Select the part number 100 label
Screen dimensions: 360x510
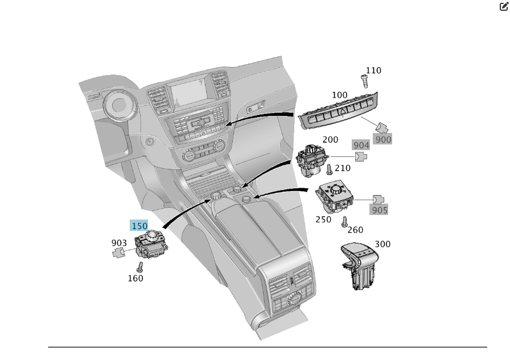[x=340, y=95]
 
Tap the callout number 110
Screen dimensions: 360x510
[x=373, y=71]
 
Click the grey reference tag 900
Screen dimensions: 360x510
[x=383, y=139]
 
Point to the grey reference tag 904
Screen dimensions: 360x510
[x=361, y=146]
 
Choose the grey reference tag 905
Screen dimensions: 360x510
[x=379, y=210]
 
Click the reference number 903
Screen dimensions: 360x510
[x=119, y=243]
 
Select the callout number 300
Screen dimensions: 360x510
[x=382, y=244]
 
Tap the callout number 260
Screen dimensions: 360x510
[x=355, y=230]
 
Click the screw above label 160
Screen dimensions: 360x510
[x=139, y=266]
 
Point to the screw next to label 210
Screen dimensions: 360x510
[x=329, y=169]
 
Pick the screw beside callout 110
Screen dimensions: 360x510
[x=364, y=81]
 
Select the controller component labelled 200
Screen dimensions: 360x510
[x=312, y=159]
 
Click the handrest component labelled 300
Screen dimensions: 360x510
[x=360, y=266]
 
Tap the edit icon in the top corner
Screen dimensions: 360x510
[x=504, y=7]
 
